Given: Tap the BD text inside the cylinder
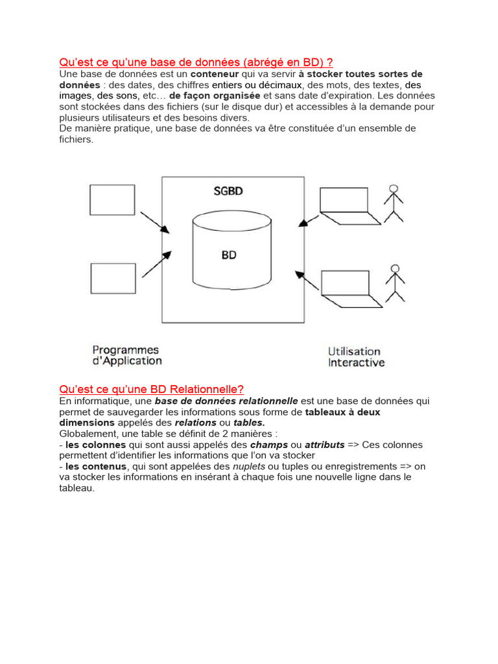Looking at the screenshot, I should click(x=229, y=255).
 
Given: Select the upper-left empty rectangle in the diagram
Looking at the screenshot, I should click(x=113, y=200).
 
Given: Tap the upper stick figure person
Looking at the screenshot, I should click(x=393, y=203).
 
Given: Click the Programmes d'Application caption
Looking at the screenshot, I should click(x=126, y=355).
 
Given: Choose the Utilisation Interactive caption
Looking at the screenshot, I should click(x=356, y=357).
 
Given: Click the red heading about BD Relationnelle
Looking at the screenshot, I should click(x=151, y=389).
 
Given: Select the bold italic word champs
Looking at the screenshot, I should click(x=268, y=445).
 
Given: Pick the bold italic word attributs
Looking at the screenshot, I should click(x=325, y=445).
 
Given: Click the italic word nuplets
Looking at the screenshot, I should click(x=249, y=466).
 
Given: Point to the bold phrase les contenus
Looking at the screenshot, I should click(x=97, y=466).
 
